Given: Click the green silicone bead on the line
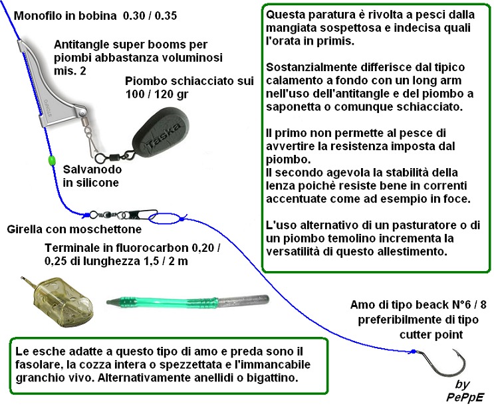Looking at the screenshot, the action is coord(51,159).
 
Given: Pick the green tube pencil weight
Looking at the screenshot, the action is coord(187,302).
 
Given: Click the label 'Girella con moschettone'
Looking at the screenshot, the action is coord(74,229).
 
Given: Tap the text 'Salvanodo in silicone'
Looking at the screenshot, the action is coord(92,176).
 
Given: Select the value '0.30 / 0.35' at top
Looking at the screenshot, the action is coord(150,15).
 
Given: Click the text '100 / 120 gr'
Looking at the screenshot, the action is coord(157,94).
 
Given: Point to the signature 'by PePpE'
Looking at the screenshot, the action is coord(464,391).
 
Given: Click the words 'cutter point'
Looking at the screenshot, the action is coord(431,334).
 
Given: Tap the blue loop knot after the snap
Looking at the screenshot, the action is coord(167,217).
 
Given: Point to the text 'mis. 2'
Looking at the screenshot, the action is coord(70,71).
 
